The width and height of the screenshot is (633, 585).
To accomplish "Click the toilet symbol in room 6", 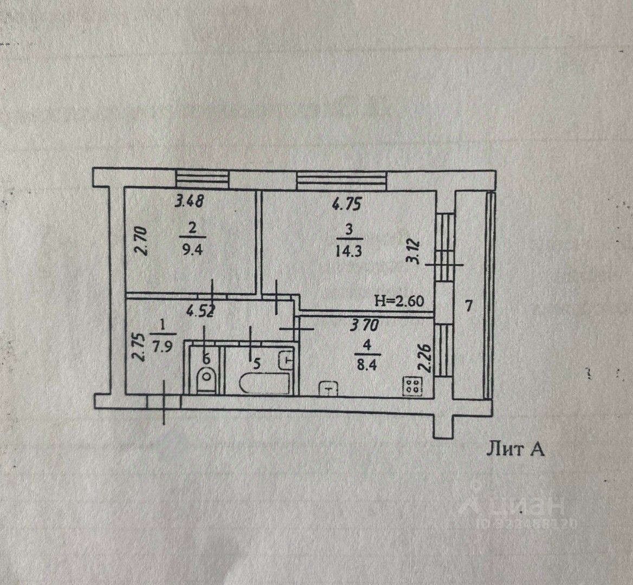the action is (205, 378).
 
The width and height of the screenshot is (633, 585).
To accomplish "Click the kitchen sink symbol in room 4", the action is (329, 388).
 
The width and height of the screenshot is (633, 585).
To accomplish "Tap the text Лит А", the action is (515, 449).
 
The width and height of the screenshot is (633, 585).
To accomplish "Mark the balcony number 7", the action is (468, 307).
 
